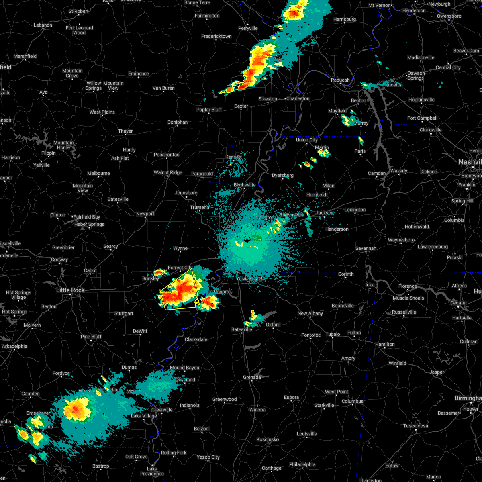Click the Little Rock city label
[70, 290]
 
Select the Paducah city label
[340, 80]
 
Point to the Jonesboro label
[186, 193]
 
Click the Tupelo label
[333, 334]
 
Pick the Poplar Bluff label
[209, 110]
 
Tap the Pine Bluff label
[91, 337]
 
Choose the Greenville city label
[162, 410]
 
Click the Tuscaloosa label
[416, 426]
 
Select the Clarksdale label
[196, 339]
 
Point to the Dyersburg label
[282, 176]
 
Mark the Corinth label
[346, 274]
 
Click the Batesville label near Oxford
[242, 329]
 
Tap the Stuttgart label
[124, 313]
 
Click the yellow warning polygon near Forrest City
[179, 290]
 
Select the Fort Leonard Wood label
[80, 30]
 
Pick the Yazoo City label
[208, 457]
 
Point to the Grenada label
[252, 377]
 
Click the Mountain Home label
[63, 145]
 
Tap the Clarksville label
[431, 130]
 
